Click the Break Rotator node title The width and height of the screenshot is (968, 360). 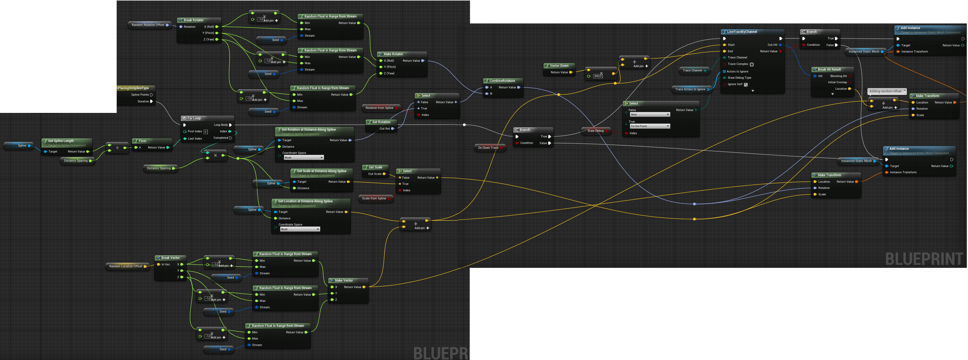point(193,20)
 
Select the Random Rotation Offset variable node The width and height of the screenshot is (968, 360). point(148,25)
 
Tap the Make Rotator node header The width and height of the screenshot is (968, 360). point(393,54)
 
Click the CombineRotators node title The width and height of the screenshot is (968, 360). point(502,81)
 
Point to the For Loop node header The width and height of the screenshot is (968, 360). point(194,118)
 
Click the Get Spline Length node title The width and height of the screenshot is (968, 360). point(61,141)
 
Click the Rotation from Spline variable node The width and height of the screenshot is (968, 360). point(379,108)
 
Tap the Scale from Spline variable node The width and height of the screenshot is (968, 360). point(374,198)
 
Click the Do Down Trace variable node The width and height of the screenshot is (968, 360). point(488,148)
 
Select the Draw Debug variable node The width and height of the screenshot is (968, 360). point(595,131)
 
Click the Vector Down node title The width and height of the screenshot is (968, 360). point(559,66)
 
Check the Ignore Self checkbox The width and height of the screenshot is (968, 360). point(746,85)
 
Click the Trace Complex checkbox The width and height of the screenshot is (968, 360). point(752,64)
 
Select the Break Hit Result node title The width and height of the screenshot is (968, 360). point(829,70)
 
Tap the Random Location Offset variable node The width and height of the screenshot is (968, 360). point(126,266)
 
